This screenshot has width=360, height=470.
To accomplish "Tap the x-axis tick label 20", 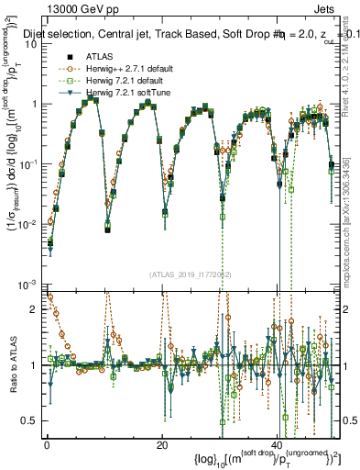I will (161, 444).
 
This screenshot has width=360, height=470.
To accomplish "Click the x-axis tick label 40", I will (278, 444).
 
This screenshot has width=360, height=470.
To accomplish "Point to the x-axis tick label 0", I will (46, 444).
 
